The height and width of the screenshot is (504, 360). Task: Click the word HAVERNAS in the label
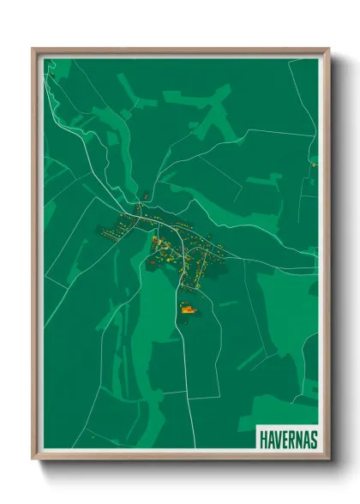[x=287, y=439]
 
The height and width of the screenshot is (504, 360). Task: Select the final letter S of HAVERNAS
[x=313, y=439]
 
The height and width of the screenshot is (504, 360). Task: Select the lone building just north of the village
[x=147, y=195]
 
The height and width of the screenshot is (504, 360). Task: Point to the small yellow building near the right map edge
[x=314, y=164]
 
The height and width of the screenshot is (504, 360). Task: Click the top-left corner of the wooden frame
[x=34, y=50]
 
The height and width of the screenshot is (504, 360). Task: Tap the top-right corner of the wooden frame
[x=327, y=50]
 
